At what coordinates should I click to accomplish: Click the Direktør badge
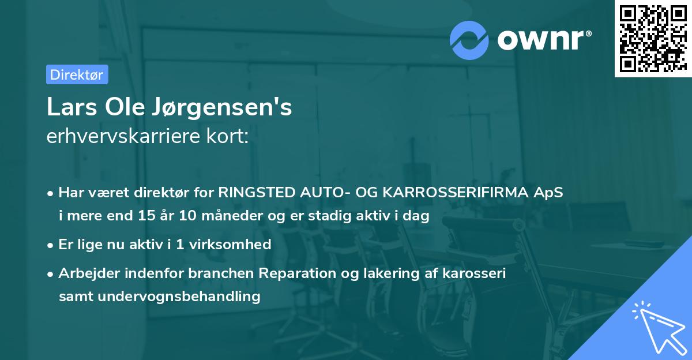point(77,74)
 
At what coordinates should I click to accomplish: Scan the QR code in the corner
point(653,39)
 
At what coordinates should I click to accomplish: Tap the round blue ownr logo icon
point(469,39)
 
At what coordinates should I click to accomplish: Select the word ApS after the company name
point(549,193)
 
